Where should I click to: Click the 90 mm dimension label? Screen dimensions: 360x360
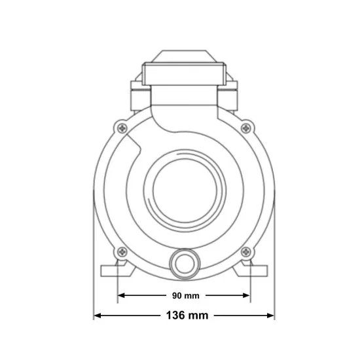point(186,296)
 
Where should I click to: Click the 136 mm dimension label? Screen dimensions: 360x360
point(187,315)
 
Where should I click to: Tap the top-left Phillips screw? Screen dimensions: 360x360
point(122,128)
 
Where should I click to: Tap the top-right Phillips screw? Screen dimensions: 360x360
point(246,128)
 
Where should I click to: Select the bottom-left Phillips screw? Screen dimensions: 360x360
point(122,252)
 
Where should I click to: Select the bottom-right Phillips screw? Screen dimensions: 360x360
point(246,252)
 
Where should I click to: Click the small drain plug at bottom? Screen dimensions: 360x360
point(185,264)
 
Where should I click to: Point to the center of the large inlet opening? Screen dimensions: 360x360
point(185,190)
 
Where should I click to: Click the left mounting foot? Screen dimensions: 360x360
point(118,269)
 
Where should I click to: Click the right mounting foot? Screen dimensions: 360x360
point(251,269)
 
